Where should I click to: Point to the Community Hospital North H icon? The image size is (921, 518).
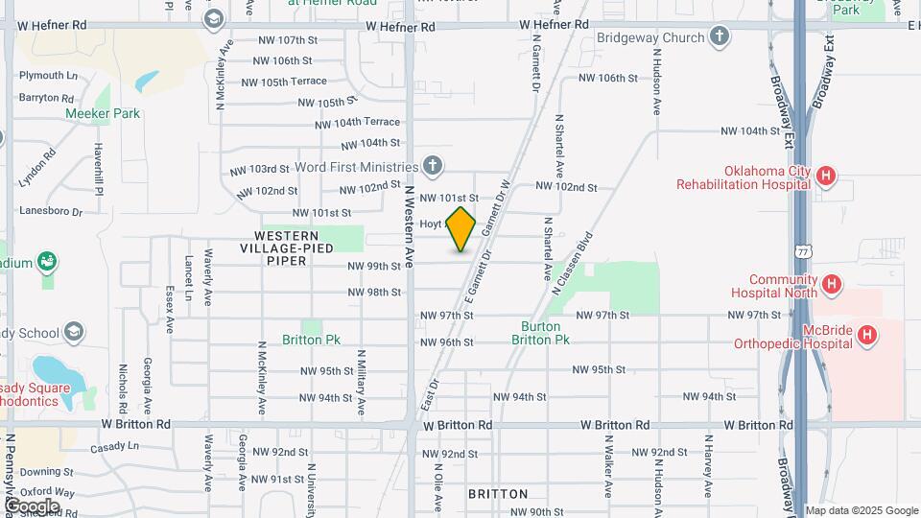click(832, 284)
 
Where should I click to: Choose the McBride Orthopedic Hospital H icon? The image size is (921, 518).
click(866, 335)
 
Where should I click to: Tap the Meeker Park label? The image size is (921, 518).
click(103, 113)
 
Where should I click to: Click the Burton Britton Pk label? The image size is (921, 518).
click(540, 333)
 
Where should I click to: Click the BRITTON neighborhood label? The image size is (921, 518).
click(498, 494)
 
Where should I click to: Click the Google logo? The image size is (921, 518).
click(32, 506)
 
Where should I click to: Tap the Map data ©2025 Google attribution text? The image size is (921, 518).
click(861, 510)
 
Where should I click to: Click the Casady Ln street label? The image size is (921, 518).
click(114, 447)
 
